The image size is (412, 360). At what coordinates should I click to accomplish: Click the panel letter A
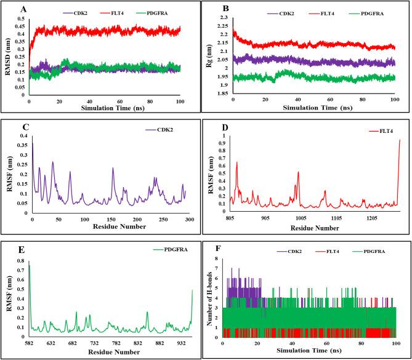(x=23, y=9)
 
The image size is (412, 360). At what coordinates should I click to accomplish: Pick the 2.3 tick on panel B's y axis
(x=222, y=18)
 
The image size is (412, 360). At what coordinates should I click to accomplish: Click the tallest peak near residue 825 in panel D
(x=237, y=162)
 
